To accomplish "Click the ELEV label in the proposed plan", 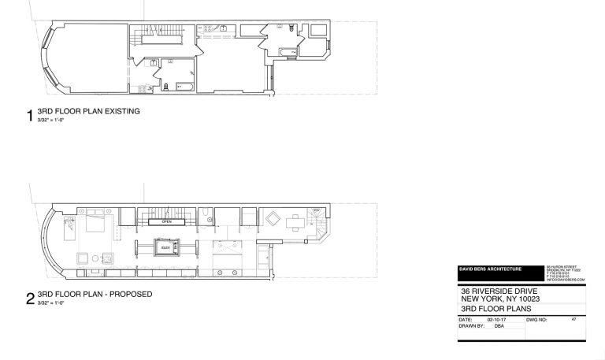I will [165, 248].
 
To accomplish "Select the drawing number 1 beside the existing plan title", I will [30, 117].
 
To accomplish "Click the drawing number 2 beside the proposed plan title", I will [30, 299].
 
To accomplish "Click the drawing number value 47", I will [574, 319].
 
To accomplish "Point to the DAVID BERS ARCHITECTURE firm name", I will [490, 269].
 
